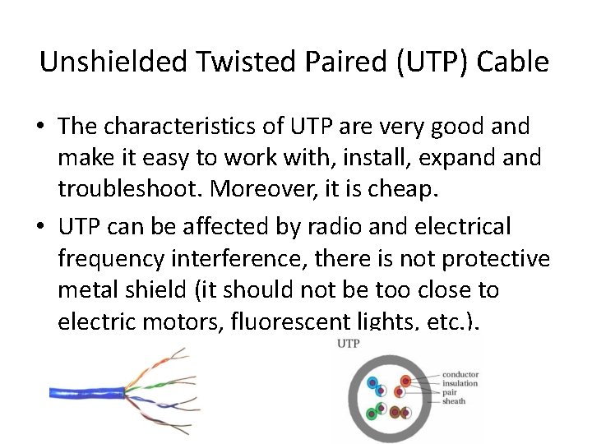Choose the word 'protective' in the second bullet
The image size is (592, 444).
[496, 258]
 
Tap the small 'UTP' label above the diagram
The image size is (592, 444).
[349, 343]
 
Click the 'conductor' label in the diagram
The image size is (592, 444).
[460, 375]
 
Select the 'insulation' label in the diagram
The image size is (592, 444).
[460, 384]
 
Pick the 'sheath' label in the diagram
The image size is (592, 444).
[454, 402]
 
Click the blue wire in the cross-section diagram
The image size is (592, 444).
[373, 383]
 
